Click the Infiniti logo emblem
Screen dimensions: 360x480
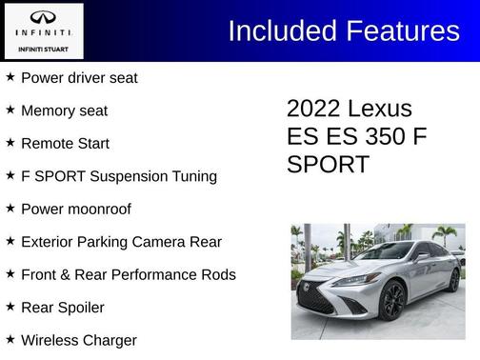pos(43,18)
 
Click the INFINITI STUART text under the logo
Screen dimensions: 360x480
pos(44,49)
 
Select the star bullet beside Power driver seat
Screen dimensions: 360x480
pos(10,77)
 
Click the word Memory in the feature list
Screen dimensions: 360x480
pos(49,110)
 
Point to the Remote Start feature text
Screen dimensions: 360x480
pos(65,144)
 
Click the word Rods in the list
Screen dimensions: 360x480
pos(217,275)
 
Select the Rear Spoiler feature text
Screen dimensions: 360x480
pos(62,308)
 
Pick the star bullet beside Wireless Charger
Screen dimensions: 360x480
pos(10,340)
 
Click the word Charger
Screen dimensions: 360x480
pos(109,340)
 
